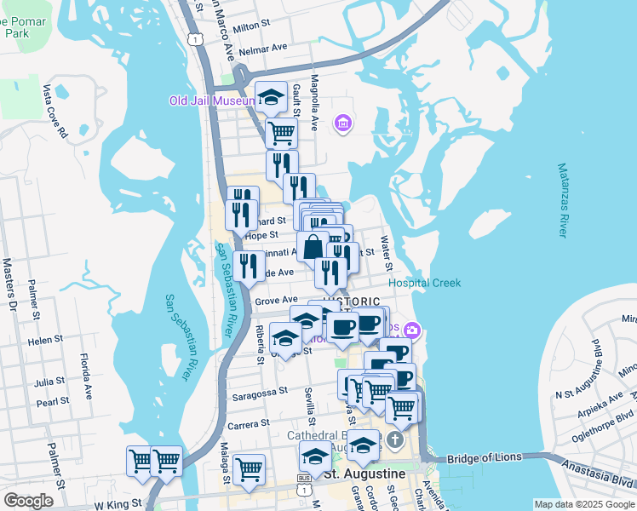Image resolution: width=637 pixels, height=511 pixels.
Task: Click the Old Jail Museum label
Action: [211, 100]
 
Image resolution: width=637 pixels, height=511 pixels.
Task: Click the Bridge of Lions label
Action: [483, 457]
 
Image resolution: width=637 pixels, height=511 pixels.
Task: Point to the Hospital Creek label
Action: [424, 283]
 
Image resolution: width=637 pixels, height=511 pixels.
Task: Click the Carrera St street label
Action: [248, 422]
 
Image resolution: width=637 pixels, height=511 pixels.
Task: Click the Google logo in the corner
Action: [28, 501]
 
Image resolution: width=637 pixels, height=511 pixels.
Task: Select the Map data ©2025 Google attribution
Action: [583, 504]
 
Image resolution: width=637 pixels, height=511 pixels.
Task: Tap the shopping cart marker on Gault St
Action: [281, 132]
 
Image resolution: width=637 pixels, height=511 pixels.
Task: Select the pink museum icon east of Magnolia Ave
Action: [342, 124]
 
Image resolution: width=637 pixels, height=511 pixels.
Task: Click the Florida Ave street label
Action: [86, 376]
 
